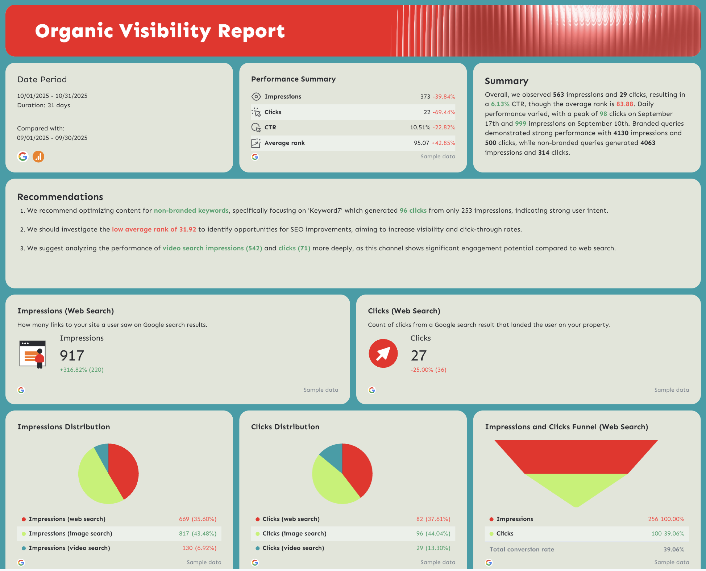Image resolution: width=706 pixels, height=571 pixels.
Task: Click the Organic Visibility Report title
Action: [x=160, y=31]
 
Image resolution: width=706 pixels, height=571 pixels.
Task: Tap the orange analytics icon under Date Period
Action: [x=38, y=157]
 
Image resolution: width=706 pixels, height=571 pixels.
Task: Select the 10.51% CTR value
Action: [x=420, y=128]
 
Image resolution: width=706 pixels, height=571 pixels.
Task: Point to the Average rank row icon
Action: [x=256, y=143]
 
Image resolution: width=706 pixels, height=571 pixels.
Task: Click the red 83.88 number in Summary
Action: [x=624, y=104]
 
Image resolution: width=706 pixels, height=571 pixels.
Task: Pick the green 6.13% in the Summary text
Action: [x=500, y=104]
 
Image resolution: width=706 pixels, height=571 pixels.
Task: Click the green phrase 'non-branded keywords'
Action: [x=191, y=211]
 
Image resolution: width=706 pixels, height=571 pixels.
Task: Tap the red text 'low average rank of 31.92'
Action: [x=154, y=229]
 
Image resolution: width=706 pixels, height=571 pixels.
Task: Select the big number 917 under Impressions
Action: [x=72, y=355]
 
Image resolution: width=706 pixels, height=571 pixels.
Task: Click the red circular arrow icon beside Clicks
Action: [x=383, y=354]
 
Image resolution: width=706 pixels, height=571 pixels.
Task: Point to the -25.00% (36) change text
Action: [x=428, y=370]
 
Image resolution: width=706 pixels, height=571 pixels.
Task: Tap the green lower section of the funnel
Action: [x=576, y=487]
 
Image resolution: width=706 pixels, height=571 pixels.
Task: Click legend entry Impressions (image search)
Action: [x=70, y=534]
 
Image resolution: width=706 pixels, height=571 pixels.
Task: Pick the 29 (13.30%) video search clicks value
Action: [x=433, y=548]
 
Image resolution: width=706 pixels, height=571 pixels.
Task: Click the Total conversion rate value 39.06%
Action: [x=673, y=550]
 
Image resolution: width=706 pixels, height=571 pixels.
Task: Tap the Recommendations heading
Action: [x=60, y=197]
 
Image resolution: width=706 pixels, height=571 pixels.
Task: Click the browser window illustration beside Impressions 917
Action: [x=32, y=354]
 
